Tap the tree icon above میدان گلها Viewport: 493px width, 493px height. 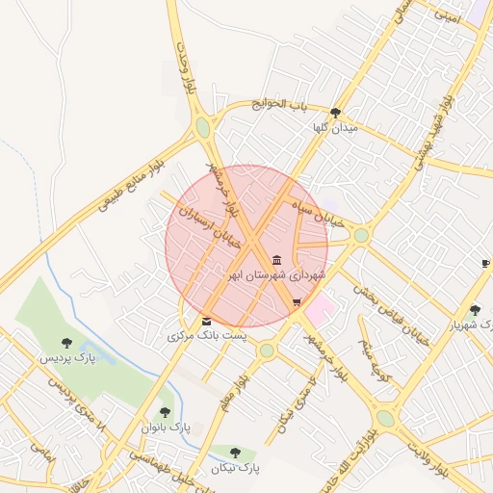coord(335,113)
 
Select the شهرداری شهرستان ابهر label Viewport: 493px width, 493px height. coord(276,275)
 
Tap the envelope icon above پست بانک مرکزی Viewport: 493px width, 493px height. coord(206,321)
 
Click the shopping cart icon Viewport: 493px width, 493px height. coord(297,302)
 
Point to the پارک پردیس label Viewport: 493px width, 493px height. coord(68,358)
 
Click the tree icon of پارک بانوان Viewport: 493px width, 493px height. coord(165,412)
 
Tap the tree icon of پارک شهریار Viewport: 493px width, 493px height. coord(475,310)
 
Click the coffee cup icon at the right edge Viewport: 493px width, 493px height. coord(485,264)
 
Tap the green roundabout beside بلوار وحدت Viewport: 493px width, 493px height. coord(203,127)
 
